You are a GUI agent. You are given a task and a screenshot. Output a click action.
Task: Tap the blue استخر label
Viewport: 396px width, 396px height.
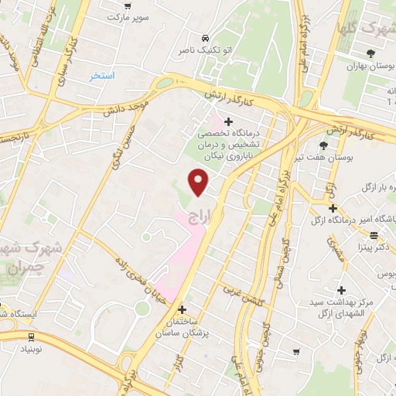[x=101, y=75]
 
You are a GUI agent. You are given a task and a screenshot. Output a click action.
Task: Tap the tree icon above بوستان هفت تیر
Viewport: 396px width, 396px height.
[x=323, y=145]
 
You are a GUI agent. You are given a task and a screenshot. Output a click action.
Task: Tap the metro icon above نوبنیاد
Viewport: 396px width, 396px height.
[x=30, y=337]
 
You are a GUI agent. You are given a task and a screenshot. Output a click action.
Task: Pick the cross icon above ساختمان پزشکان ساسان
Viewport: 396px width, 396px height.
[x=182, y=309]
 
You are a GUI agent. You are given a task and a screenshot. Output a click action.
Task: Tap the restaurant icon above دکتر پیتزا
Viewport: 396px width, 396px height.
[x=374, y=235]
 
